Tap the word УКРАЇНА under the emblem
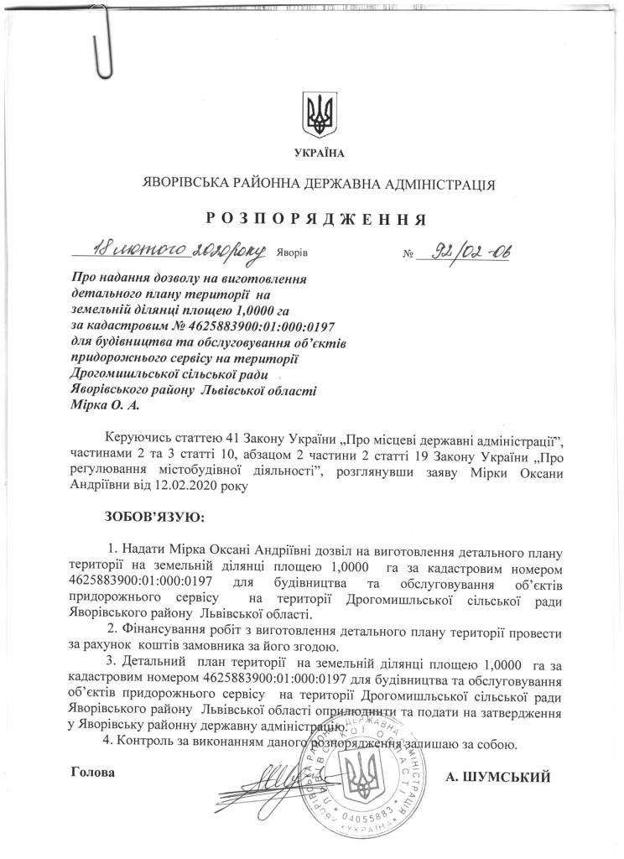[x=319, y=152]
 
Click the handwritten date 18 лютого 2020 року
[x=179, y=248]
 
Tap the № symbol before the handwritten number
[x=410, y=253]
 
